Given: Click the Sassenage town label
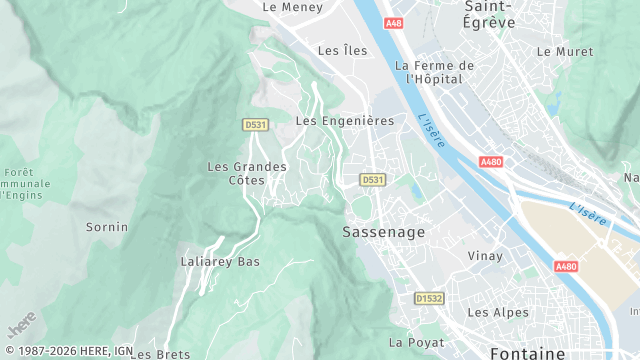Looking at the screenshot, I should (383, 231).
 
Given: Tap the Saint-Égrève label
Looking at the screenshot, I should (489, 14).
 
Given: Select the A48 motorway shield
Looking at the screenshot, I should (393, 23).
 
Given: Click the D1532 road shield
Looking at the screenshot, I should (429, 298).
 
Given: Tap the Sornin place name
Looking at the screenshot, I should (107, 227).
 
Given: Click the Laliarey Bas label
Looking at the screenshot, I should (220, 262).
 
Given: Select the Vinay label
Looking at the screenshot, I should (486, 256).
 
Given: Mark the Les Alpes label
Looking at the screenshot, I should (498, 312).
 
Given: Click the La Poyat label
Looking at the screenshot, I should (415, 342).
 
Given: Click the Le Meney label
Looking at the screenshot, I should (292, 6).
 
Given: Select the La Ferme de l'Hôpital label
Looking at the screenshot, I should (433, 72).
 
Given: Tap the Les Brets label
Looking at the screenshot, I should (160, 354).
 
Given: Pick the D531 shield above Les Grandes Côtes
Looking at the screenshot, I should (255, 124).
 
